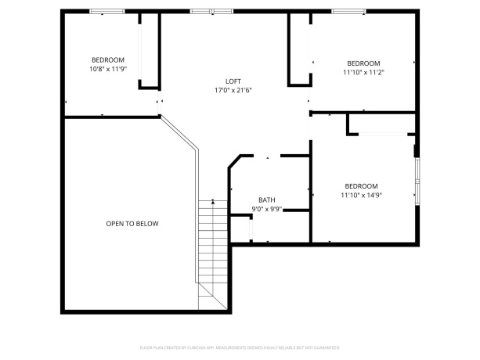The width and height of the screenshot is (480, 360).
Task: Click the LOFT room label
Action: click(233, 81)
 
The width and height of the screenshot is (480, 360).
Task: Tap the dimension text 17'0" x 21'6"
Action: click(233, 91)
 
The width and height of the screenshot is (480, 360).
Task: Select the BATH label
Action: click(267, 200)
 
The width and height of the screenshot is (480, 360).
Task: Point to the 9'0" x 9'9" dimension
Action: click(267, 209)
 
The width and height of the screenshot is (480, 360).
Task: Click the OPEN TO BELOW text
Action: click(132, 224)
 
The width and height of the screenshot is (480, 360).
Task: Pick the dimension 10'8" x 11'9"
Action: click(108, 69)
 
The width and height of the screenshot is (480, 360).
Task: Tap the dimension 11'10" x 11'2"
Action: click(363, 73)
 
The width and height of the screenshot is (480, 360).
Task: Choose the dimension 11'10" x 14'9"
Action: click(361, 195)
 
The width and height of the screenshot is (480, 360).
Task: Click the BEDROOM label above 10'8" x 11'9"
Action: click(108, 60)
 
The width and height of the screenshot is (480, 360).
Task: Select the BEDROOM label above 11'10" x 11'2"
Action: click(363, 63)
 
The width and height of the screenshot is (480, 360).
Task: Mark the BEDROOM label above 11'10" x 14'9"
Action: click(361, 185)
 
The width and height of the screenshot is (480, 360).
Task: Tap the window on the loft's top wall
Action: click(211, 11)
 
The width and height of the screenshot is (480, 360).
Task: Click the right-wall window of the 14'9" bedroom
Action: click(417, 181)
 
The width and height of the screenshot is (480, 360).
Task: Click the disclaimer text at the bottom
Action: click(240, 346)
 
